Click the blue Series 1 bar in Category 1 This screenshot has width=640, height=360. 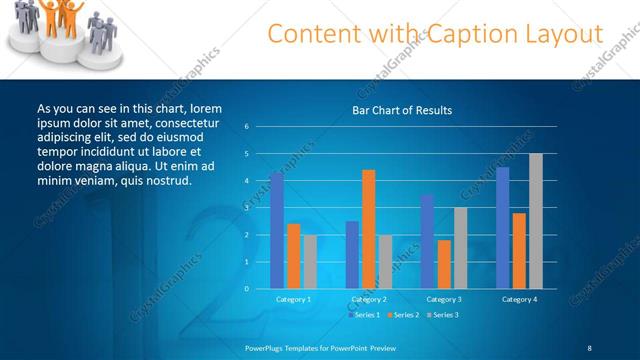[276, 230]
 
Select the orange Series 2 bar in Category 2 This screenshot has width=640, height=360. [369, 229]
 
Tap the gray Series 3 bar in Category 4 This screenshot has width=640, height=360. [536, 221]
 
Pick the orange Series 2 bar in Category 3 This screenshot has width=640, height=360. [444, 264]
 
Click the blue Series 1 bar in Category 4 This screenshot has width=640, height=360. [503, 228]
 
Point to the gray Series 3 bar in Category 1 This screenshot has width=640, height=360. [310, 261]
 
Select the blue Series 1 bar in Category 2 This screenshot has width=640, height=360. [352, 255]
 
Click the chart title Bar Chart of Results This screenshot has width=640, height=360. [402, 110]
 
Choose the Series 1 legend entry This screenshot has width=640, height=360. [363, 315]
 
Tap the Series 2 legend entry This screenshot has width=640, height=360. [402, 315]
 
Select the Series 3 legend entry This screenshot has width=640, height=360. [441, 315]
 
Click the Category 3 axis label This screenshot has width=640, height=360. [444, 299]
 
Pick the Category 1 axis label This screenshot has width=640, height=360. [293, 299]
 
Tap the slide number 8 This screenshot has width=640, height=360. [590, 347]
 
